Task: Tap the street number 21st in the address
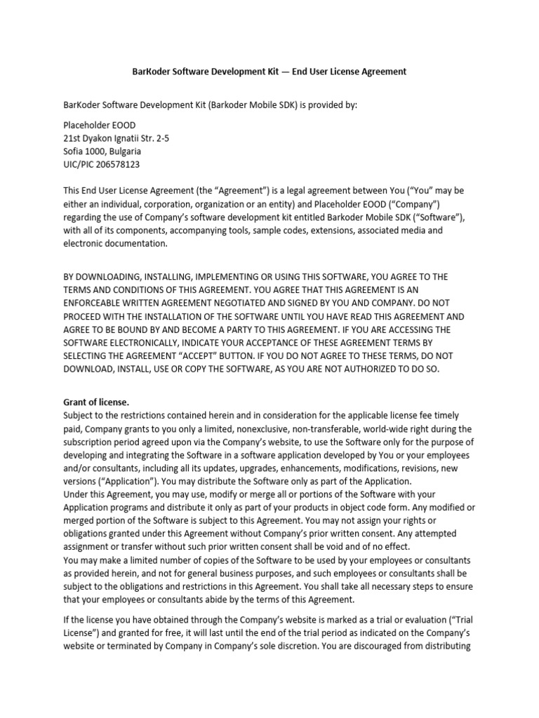click(73, 138)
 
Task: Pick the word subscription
click(89, 442)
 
